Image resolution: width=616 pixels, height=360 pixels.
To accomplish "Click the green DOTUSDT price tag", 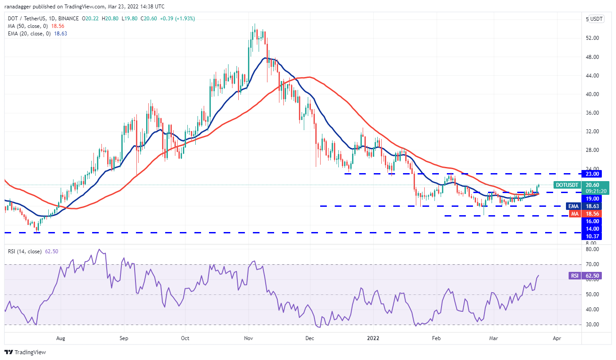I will [567, 185].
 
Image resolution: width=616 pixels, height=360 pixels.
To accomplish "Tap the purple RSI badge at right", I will [574, 275].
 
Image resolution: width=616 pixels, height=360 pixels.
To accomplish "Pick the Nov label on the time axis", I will [248, 338].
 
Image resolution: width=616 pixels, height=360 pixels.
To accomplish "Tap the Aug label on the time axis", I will [61, 338].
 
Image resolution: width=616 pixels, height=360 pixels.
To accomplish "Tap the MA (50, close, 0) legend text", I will [29, 27].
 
